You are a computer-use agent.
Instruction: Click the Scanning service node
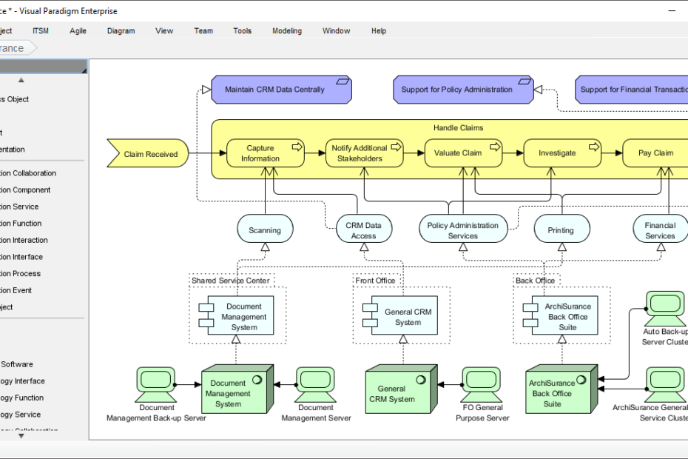click(265, 230)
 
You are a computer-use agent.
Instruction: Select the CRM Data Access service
click(363, 230)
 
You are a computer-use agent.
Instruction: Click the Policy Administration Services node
click(463, 230)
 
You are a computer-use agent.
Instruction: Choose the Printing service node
click(561, 230)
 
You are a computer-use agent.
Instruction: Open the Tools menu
click(242, 31)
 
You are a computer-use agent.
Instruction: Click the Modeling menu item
click(287, 31)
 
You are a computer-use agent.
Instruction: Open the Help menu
click(379, 31)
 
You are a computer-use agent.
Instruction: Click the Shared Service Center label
click(231, 281)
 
